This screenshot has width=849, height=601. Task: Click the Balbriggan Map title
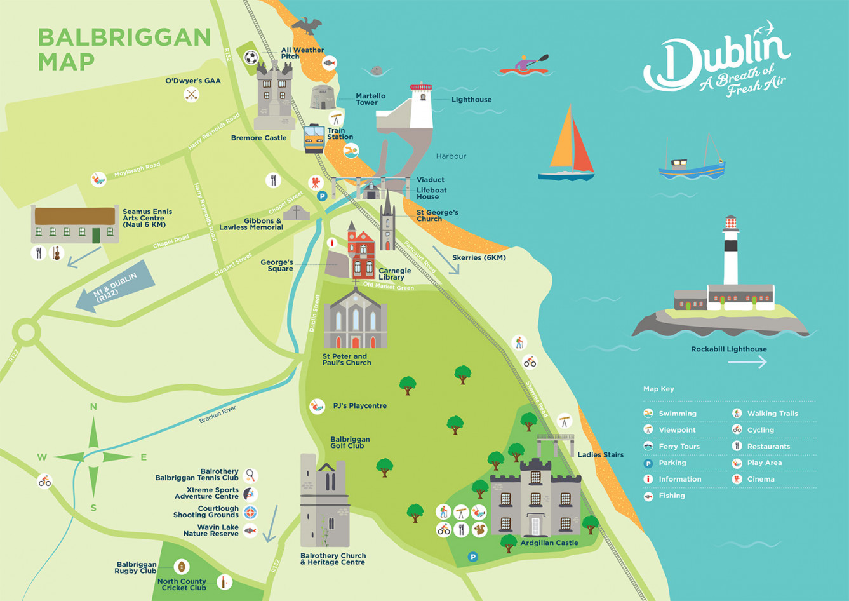[x=124, y=49]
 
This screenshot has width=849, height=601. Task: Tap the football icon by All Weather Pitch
[x=251, y=58]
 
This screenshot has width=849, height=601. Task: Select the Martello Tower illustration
[x=323, y=97]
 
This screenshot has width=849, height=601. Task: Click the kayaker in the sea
[x=524, y=65]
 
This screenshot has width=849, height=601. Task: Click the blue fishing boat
[x=692, y=165]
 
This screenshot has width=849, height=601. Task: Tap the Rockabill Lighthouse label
[x=728, y=349]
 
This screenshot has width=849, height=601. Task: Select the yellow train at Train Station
[x=314, y=138]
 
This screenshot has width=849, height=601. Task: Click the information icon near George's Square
[x=331, y=243]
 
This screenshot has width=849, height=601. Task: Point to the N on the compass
[x=93, y=407]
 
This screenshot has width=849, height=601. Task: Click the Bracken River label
[x=217, y=414]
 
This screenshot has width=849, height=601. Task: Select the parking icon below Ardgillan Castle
[x=472, y=557]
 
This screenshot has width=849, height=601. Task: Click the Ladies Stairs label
[x=600, y=454]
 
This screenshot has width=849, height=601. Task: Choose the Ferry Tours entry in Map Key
[x=678, y=446]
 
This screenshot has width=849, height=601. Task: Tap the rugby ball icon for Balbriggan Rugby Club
[x=182, y=566]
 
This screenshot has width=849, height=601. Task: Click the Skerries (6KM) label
[x=479, y=257]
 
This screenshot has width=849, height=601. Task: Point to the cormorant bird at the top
[x=307, y=25]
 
